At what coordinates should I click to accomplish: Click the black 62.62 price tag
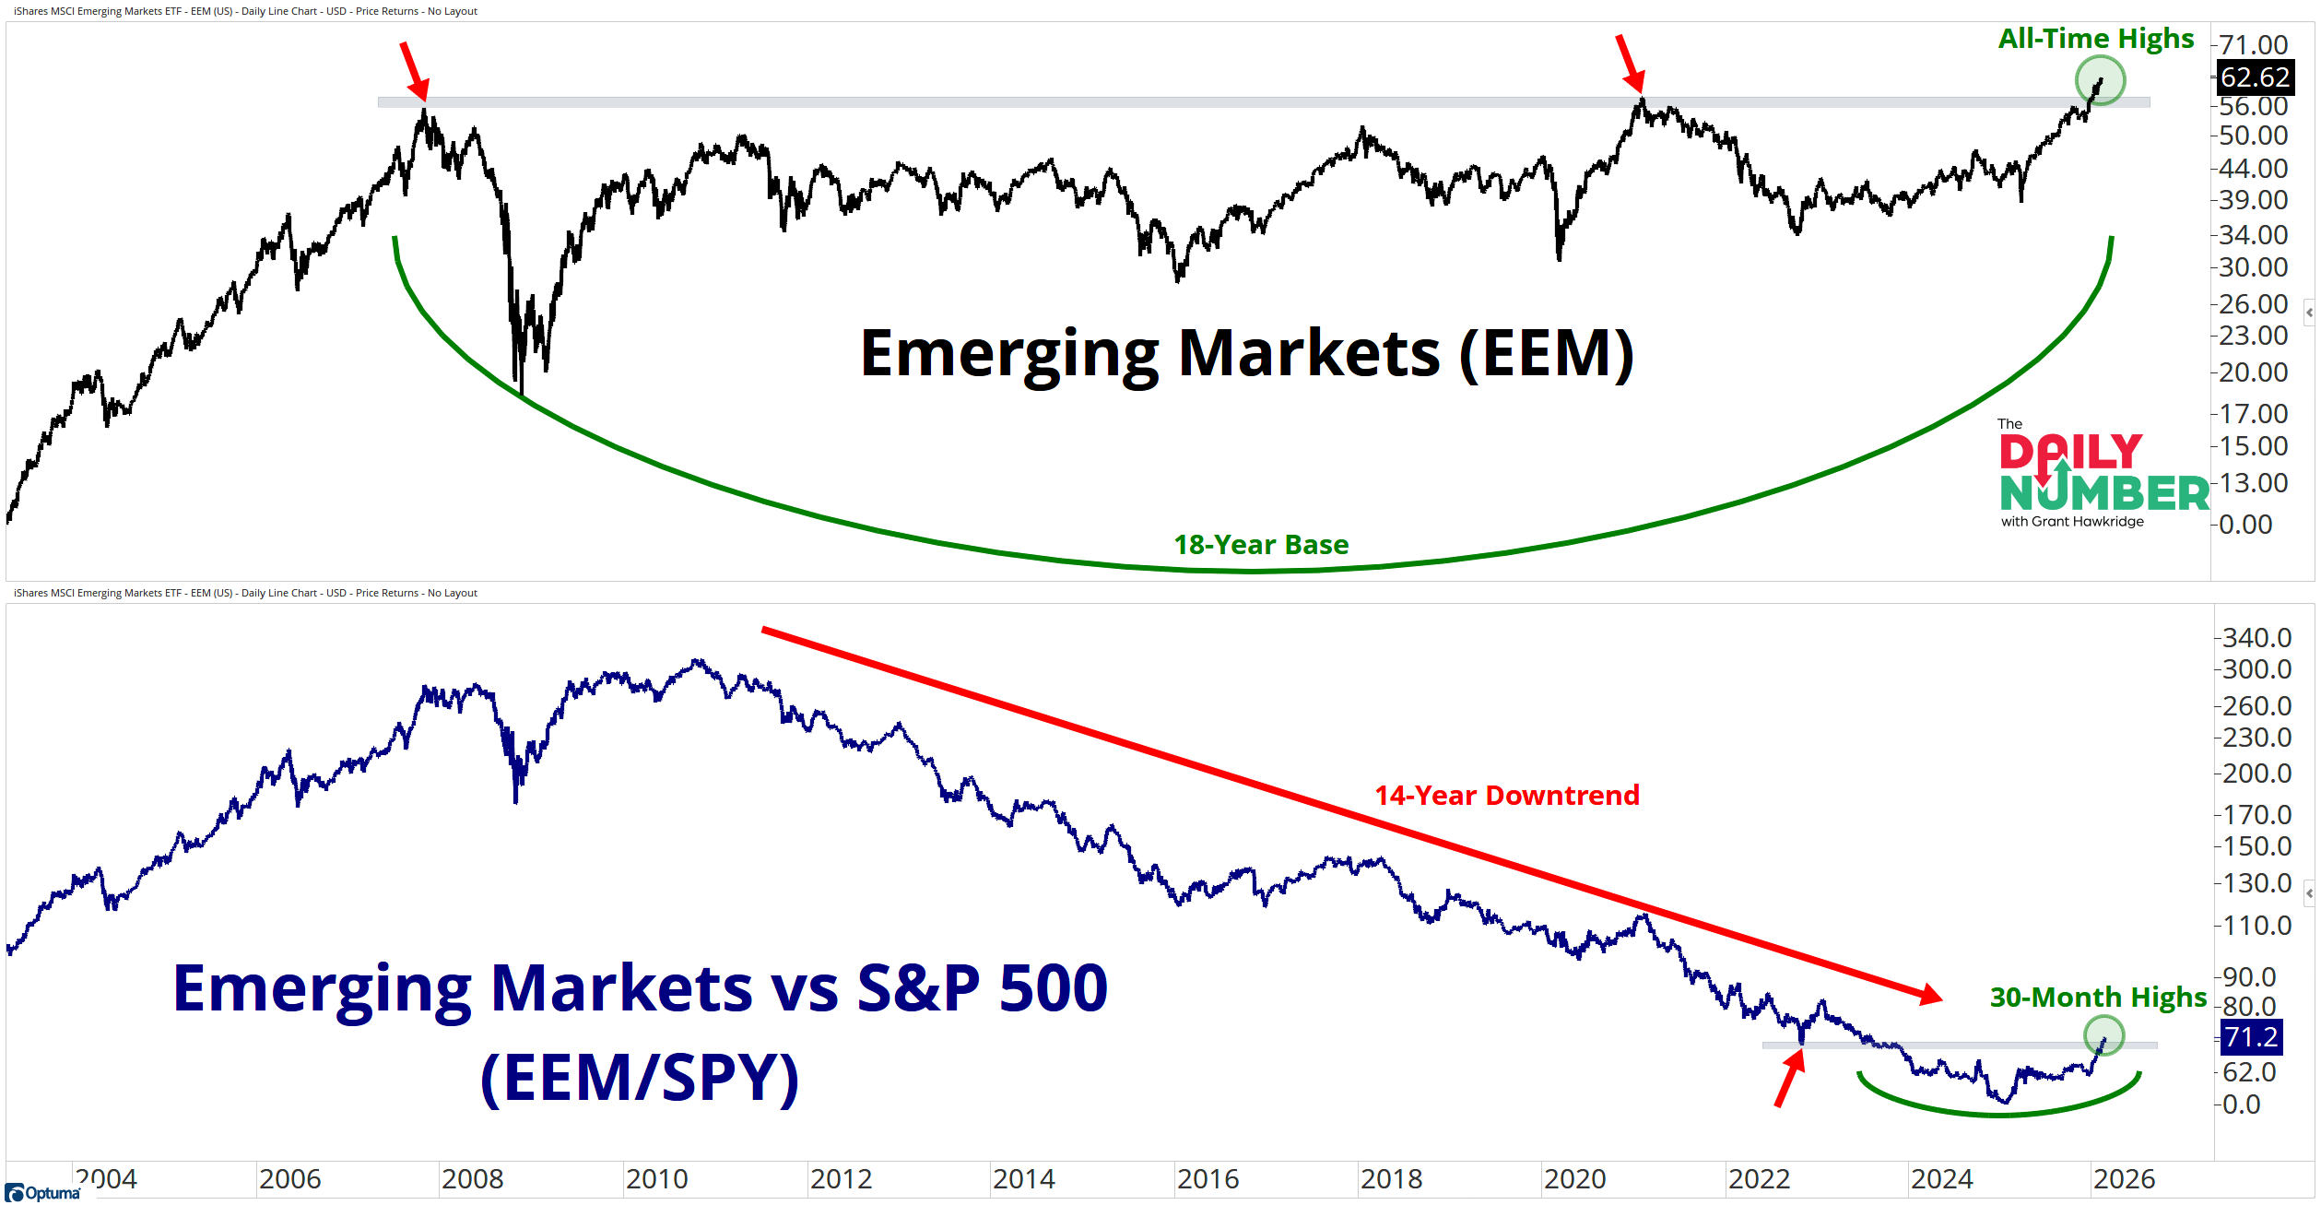pyautogui.click(x=2255, y=77)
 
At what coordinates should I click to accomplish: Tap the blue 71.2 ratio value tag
pyautogui.click(x=2251, y=1037)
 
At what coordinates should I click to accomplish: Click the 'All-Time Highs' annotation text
pyautogui.click(x=2095, y=39)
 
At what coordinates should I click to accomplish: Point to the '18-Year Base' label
pyautogui.click(x=1261, y=545)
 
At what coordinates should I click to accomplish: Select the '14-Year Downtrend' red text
pyautogui.click(x=1507, y=795)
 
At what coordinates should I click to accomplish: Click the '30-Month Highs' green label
pyautogui.click(x=2098, y=997)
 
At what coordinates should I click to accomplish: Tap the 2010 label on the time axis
pyautogui.click(x=656, y=1179)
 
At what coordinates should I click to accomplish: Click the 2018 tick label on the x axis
pyautogui.click(x=1391, y=1179)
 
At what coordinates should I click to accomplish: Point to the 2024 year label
pyautogui.click(x=1942, y=1179)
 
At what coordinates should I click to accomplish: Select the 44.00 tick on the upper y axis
pyautogui.click(x=2253, y=168)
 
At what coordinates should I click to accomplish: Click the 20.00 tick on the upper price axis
pyautogui.click(x=2253, y=372)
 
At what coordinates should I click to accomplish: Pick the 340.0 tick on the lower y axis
pyautogui.click(x=2256, y=637)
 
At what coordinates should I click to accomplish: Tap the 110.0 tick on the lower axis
pyautogui.click(x=2256, y=925)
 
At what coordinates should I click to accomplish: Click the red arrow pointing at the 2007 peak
pyautogui.click(x=414, y=70)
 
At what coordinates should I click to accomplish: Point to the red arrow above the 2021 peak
pyautogui.click(x=1630, y=64)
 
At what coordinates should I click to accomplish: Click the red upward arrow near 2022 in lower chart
pyautogui.click(x=1789, y=1080)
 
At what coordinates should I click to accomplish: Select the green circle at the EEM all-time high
pyautogui.click(x=2100, y=80)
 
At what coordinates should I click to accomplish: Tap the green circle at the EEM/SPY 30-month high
pyautogui.click(x=2103, y=1035)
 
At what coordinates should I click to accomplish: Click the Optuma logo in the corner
pyautogui.click(x=42, y=1193)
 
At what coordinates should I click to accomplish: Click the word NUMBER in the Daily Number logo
pyautogui.click(x=2104, y=493)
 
